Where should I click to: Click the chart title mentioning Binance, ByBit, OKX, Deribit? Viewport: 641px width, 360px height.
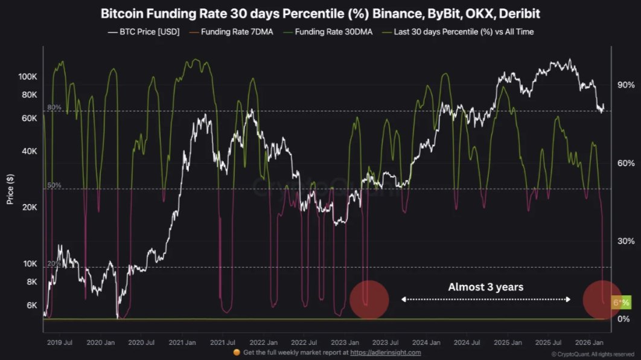pyautogui.click(x=320, y=13)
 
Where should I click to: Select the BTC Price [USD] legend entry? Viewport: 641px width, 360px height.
pyautogui.click(x=144, y=31)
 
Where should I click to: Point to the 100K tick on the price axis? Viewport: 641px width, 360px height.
pyautogui.click(x=28, y=77)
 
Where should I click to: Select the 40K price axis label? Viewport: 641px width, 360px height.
pyautogui.click(x=29, y=151)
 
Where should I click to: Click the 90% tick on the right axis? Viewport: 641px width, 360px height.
pyautogui.click(x=625, y=85)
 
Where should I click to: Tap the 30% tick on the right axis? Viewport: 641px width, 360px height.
pyautogui.click(x=625, y=241)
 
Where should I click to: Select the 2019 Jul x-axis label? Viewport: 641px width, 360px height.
pyautogui.click(x=60, y=342)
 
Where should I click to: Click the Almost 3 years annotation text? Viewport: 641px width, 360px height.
pyautogui.click(x=485, y=287)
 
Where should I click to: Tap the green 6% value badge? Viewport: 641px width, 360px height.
pyautogui.click(x=621, y=302)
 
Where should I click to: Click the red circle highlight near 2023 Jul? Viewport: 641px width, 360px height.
pyautogui.click(x=369, y=300)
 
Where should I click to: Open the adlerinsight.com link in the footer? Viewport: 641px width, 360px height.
pyautogui.click(x=385, y=352)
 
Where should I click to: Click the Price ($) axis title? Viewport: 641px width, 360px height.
pyautogui.click(x=10, y=188)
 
